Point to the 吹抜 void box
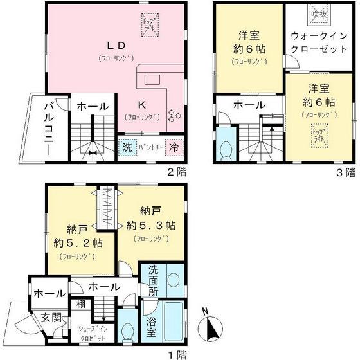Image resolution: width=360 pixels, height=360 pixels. [317, 13]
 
